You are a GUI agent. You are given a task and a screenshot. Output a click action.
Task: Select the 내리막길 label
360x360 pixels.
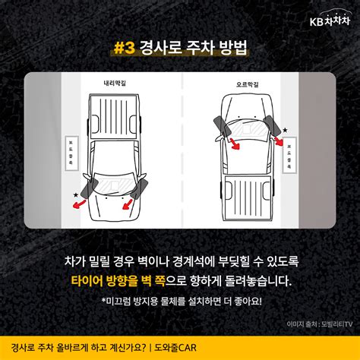coord(118,84)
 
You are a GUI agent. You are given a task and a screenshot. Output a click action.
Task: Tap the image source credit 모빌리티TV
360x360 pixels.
coord(337,323)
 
